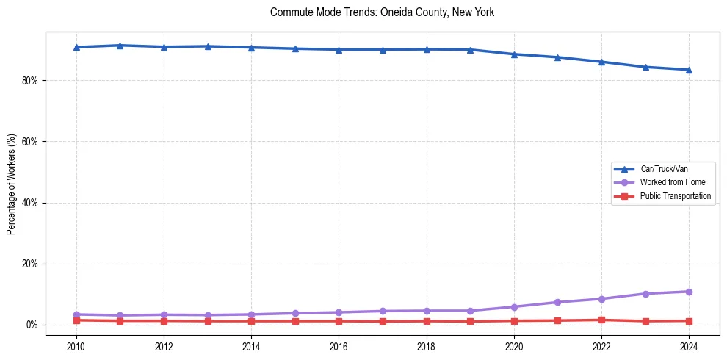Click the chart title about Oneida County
pos(382,12)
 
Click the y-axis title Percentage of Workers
pos(12,184)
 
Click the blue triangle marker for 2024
pos(689,70)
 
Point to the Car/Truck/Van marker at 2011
pos(120,46)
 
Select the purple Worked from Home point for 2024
pos(689,292)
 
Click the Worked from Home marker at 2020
pos(514,307)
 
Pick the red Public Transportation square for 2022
pos(601,320)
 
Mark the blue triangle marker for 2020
pos(514,54)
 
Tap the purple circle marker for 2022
pos(601,299)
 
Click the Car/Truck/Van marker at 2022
pos(601,62)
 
